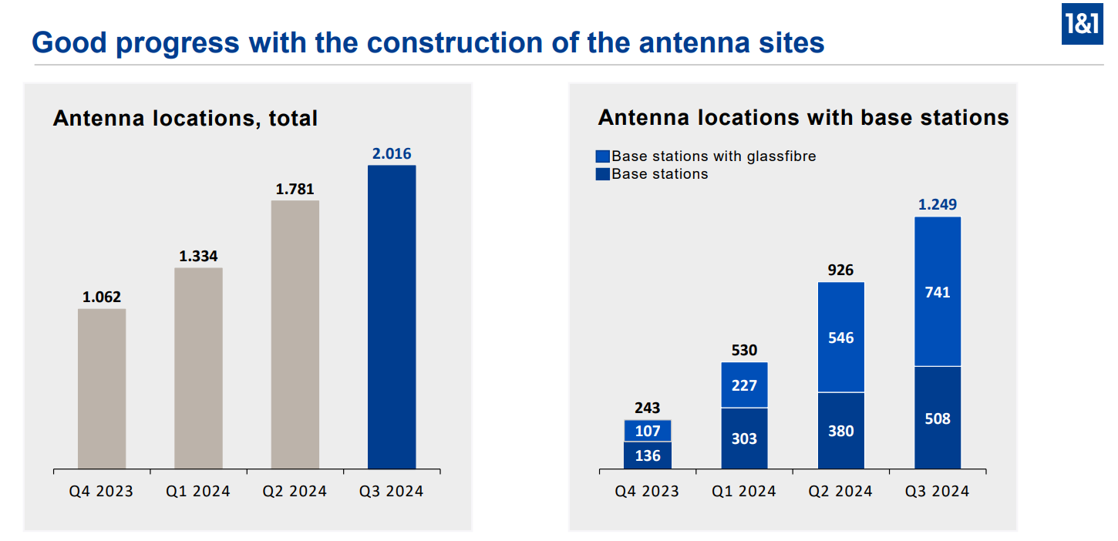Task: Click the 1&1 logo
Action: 1082,23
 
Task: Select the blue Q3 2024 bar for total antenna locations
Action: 392,317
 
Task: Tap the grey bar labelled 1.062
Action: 102,388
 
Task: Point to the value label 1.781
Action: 295,189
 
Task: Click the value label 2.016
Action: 392,153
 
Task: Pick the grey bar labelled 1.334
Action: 199,368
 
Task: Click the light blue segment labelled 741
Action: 938,291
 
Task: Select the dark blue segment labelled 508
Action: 938,418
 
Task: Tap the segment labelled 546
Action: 841,338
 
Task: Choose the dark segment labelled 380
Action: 841,431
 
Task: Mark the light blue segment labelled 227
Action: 744,385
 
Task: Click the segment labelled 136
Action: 648,455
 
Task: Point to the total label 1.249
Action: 938,205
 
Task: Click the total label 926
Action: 841,270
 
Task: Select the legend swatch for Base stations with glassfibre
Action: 602,156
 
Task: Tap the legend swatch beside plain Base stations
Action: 602,174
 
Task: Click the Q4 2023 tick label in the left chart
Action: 101,492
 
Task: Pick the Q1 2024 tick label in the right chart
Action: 744,492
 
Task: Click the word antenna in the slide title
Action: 693,43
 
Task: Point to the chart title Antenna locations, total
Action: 185,119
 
